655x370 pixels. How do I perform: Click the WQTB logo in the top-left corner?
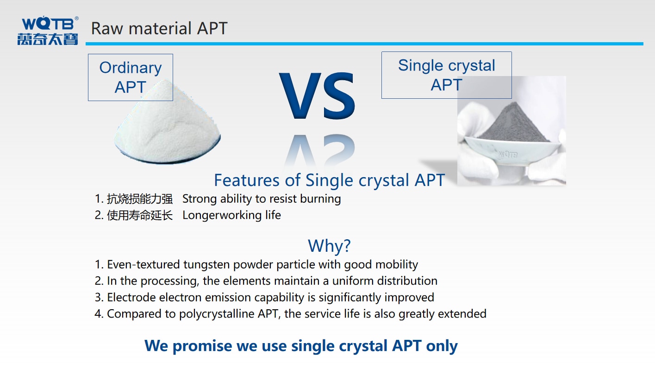pos(48,31)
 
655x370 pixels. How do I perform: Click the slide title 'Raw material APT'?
pos(159,28)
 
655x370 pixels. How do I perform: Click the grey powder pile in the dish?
pos(514,123)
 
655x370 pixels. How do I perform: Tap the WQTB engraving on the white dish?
pos(508,154)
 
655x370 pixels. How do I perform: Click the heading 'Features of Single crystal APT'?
pos(329,180)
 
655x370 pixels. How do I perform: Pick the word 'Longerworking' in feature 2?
pos(222,215)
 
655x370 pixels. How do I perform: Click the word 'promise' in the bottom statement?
pos(202,346)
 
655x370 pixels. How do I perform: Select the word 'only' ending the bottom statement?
pos(442,346)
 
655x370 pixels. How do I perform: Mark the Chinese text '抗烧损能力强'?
pos(140,199)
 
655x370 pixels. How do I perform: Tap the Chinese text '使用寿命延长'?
pos(140,215)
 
